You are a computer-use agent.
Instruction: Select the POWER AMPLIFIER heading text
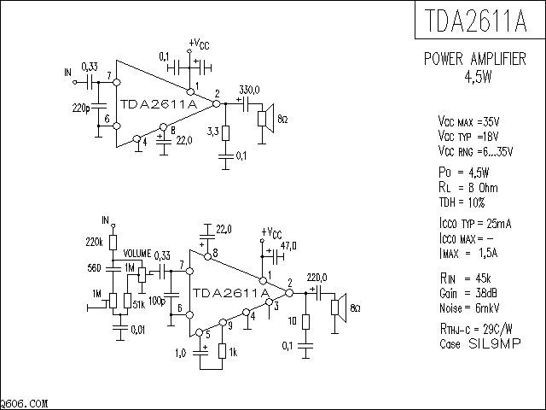tap(474, 60)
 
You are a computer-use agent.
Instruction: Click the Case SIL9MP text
tap(468, 343)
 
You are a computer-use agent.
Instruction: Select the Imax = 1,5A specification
tap(466, 254)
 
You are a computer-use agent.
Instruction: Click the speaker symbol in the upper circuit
tap(267, 119)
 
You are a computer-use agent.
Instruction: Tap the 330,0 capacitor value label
tap(249, 90)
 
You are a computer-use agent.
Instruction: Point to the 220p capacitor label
tap(82, 108)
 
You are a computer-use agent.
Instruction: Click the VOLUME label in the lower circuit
tap(137, 255)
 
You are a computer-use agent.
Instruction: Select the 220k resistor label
tap(94, 243)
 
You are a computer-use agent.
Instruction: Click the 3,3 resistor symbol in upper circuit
tap(226, 133)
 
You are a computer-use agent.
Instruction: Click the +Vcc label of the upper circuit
tap(197, 44)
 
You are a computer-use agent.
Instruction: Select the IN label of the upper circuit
tap(67, 73)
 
